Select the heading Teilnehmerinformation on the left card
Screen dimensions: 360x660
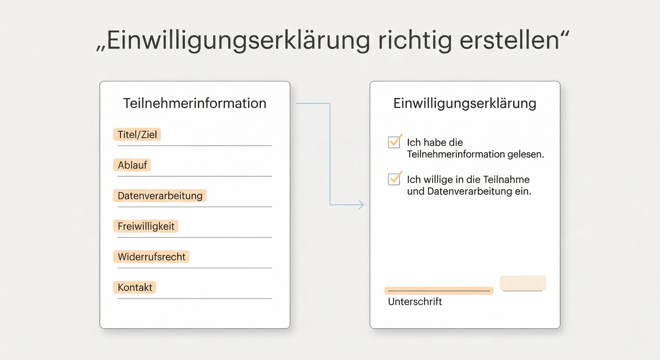pyautogui.click(x=195, y=103)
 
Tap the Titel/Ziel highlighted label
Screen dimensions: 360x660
pyautogui.click(x=137, y=135)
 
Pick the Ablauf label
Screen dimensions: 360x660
pyautogui.click(x=132, y=165)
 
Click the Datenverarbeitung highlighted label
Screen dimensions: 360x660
pyautogui.click(x=160, y=196)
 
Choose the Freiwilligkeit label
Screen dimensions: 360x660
pyautogui.click(x=146, y=226)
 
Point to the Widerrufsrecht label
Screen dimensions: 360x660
pyautogui.click(x=151, y=257)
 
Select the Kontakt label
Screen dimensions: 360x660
pyautogui.click(x=135, y=287)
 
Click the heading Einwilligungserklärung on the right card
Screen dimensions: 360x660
pyautogui.click(x=465, y=103)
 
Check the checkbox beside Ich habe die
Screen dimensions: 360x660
pyautogui.click(x=394, y=142)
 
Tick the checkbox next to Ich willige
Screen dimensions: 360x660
pyautogui.click(x=394, y=179)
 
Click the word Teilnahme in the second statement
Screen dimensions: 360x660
pyautogui.click(x=506, y=179)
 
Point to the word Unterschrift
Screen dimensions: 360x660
pyautogui.click(x=415, y=302)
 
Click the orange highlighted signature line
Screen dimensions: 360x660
pyautogui.click(x=439, y=291)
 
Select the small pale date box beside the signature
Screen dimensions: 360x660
pyautogui.click(x=523, y=283)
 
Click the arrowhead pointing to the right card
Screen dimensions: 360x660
pyautogui.click(x=361, y=205)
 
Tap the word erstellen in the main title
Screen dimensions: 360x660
pyautogui.click(x=509, y=41)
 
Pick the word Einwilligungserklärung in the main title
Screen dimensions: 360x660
pyautogui.click(x=238, y=41)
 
